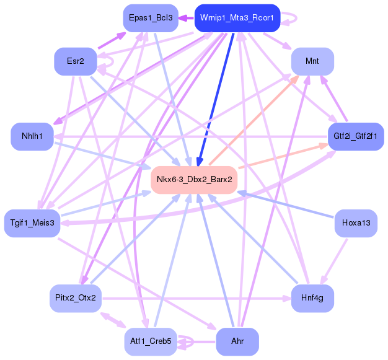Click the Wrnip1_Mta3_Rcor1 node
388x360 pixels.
(237, 18)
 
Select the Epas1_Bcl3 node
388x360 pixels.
(151, 18)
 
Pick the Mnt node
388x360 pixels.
(312, 61)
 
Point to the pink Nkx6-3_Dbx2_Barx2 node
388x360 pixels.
(194, 180)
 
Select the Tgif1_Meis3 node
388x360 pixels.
(32, 223)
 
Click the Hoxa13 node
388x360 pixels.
(355, 223)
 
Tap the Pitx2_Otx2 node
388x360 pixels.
(76, 298)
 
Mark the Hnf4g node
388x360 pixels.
(312, 298)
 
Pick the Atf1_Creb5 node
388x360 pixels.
(151, 341)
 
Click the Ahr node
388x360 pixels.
(237, 341)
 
